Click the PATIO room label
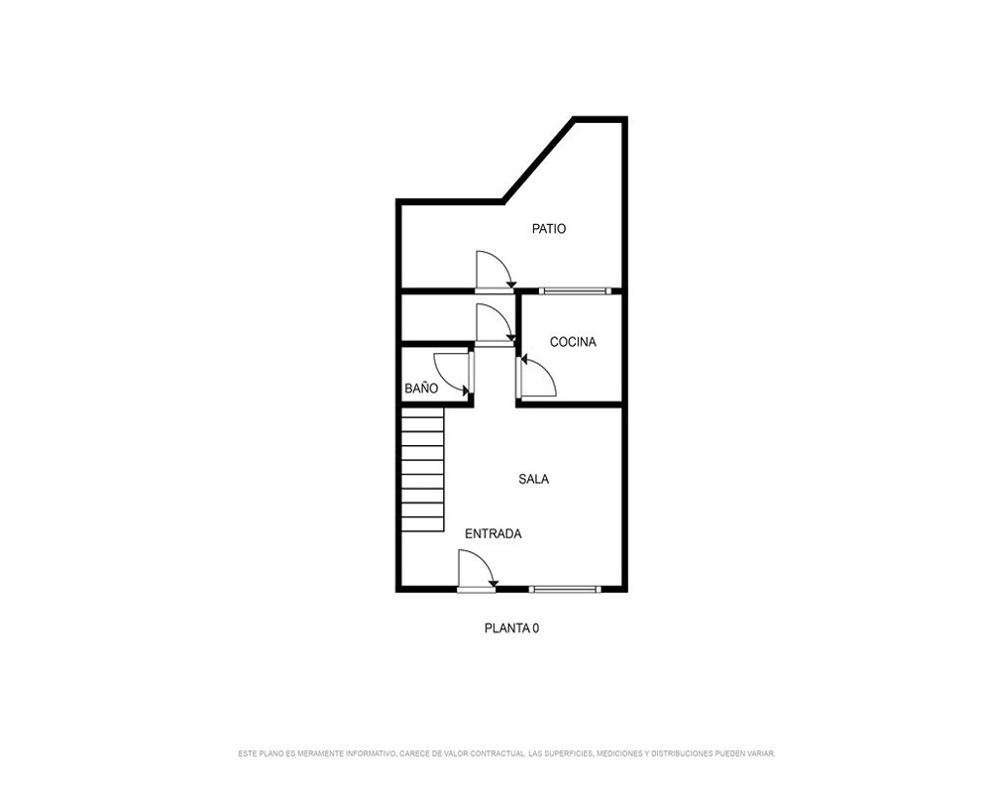coord(549,229)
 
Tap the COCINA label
coord(573,342)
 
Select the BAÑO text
coord(421,389)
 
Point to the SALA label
coord(533,480)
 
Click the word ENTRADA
coord(493,533)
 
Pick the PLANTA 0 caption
coord(511,628)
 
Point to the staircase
coord(423,470)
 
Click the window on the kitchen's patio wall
coord(575,290)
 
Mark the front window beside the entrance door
coord(565,590)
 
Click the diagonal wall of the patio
coord(538,160)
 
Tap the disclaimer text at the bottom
coord(506,753)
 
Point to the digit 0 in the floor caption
coord(535,628)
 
